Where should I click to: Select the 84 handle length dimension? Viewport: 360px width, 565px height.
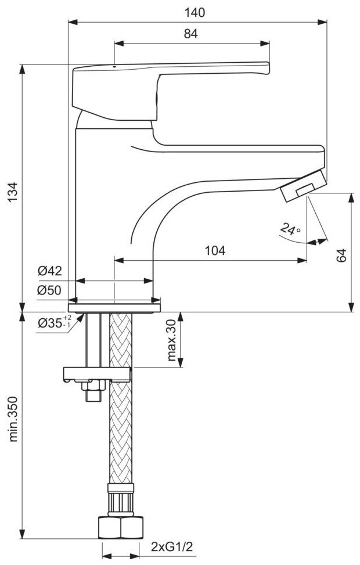[x=192, y=34]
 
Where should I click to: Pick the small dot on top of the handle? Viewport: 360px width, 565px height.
[x=114, y=67]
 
